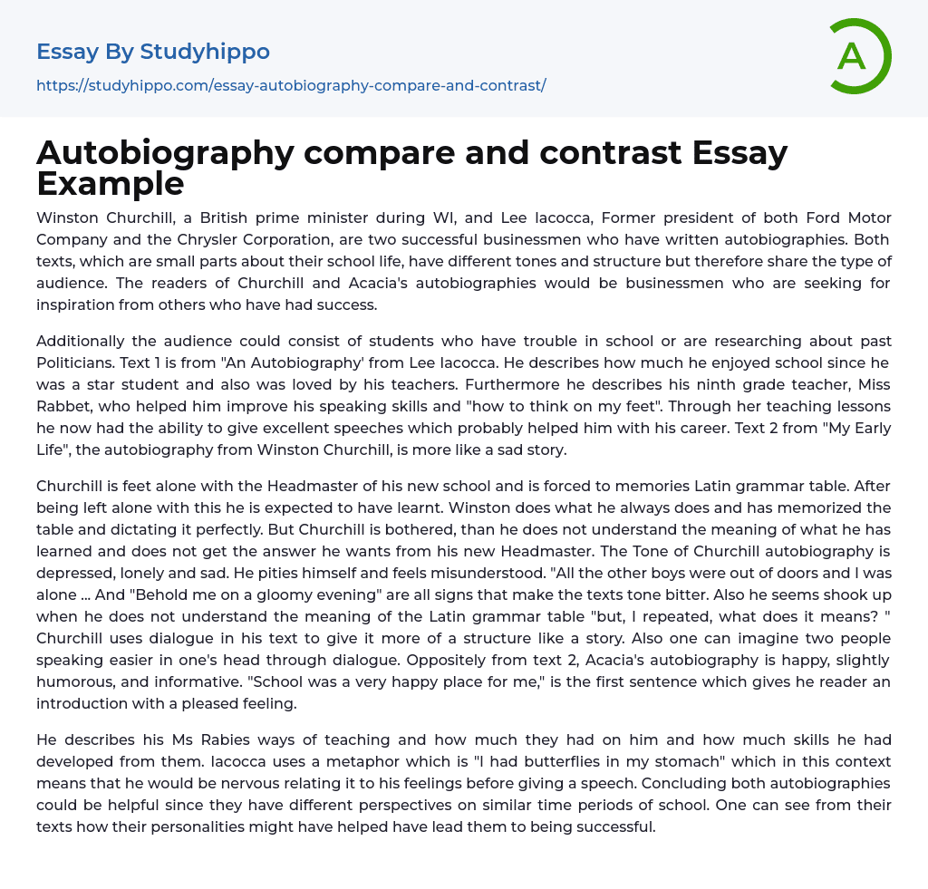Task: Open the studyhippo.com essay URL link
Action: click(x=291, y=85)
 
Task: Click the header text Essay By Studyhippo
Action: click(x=153, y=52)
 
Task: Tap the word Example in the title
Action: click(x=111, y=183)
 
